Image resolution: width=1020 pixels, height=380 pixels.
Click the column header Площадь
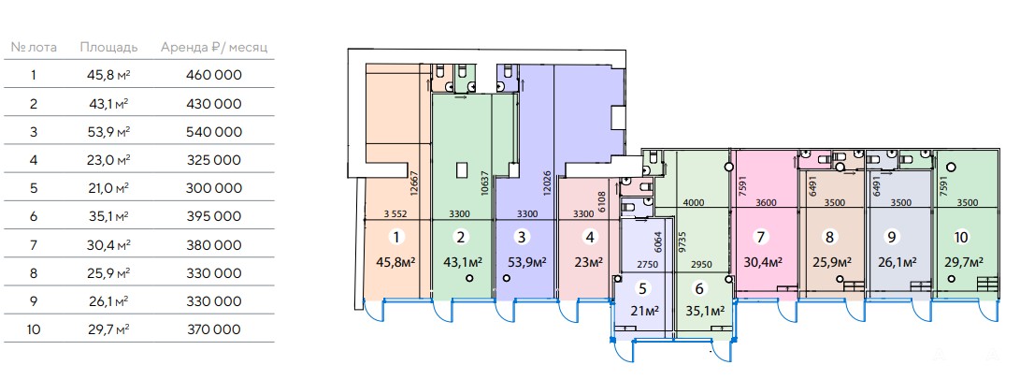point(108,47)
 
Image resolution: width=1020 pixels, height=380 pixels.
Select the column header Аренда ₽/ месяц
point(214,47)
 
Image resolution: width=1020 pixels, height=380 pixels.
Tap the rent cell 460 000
point(214,75)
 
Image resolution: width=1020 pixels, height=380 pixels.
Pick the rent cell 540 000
point(214,132)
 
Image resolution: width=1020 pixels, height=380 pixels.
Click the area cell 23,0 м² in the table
point(108,160)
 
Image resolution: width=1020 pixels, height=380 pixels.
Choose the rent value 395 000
point(214,217)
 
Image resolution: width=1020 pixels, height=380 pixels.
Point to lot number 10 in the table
point(34,329)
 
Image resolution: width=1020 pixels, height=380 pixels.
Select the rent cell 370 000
point(214,329)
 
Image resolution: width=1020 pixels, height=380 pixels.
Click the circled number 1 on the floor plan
point(396,237)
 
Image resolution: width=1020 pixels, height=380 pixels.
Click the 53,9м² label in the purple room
point(525,263)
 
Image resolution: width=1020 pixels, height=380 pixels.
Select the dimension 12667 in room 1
point(414,187)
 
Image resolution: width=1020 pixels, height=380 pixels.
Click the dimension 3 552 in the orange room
point(396,213)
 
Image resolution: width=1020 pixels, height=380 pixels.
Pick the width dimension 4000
point(694,202)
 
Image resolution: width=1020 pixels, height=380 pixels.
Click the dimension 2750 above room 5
point(645,265)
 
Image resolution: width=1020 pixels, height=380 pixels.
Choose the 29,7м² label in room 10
point(963,262)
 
